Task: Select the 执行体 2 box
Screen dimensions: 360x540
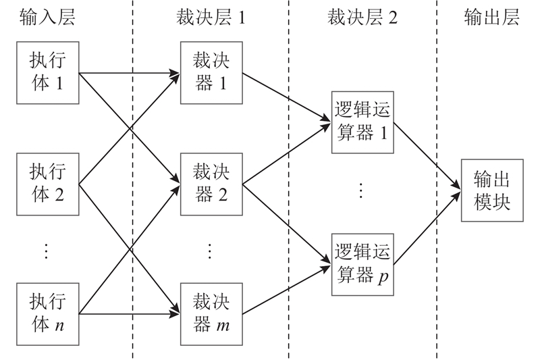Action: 47,183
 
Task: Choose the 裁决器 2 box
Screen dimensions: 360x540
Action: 211,183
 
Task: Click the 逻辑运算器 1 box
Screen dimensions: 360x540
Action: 362,122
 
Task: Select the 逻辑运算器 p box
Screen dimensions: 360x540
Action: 362,264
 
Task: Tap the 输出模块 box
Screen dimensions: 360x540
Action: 491,191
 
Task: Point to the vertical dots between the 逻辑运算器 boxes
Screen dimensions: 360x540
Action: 361,191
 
